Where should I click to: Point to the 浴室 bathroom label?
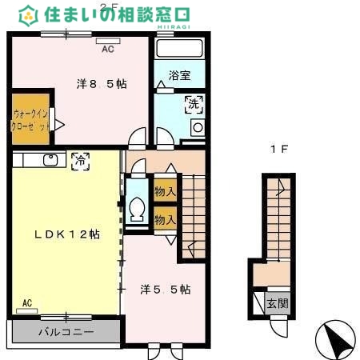click(180, 76)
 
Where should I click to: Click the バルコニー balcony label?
click(67, 331)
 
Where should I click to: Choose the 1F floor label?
click(278, 149)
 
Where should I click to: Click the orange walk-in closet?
click(30, 120)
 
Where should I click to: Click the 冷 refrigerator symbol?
click(80, 159)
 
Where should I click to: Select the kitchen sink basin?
click(50, 160)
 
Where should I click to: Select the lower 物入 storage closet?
click(166, 218)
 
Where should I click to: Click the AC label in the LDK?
click(26, 302)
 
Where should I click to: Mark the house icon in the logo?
click(30, 14)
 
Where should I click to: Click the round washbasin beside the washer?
click(196, 128)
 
